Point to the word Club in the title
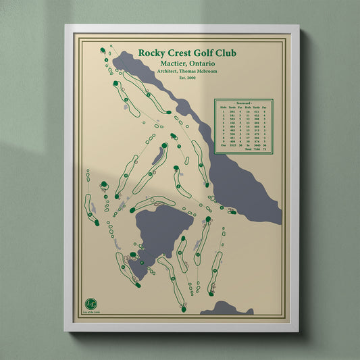(x=226, y=53)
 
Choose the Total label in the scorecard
(x=247, y=149)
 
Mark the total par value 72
(x=265, y=149)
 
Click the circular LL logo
(x=91, y=303)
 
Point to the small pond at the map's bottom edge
(x=226, y=309)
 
